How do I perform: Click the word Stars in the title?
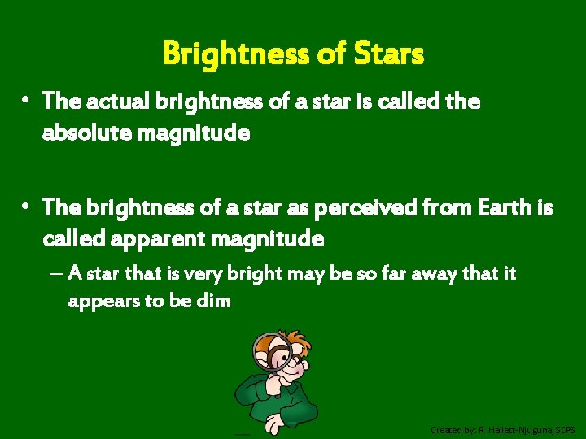point(390,54)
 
